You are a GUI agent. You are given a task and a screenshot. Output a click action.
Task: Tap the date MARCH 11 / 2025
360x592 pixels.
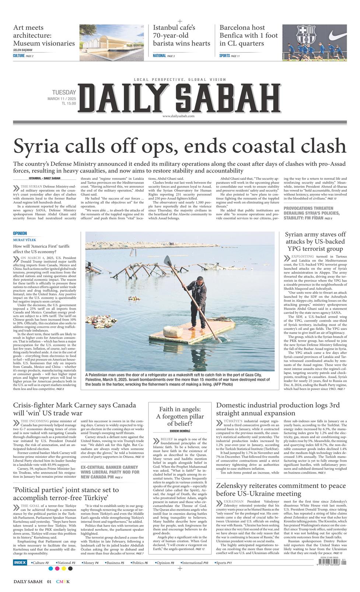pyautogui.click(x=62, y=99)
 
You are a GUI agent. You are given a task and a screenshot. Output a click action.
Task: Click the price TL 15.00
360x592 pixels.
pyautogui.click(x=69, y=104)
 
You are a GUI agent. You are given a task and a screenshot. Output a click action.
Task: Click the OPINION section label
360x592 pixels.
pyautogui.click(x=20, y=233)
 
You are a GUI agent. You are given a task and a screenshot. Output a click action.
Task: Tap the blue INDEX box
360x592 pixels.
pyautogui.click(x=20, y=563)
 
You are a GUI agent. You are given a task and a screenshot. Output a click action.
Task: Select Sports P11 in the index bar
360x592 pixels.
pyautogui.click(x=223, y=563)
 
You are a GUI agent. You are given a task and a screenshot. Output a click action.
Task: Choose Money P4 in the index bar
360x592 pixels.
pyautogui.click(x=90, y=563)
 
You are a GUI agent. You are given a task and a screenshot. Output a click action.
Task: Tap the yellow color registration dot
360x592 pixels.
pyautogui.click(x=64, y=568)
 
